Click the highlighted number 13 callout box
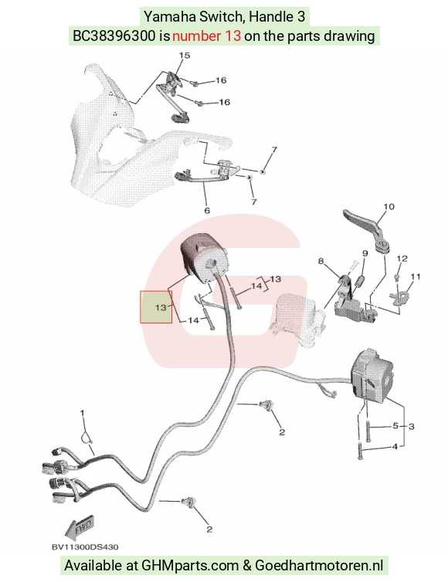coord(156,307)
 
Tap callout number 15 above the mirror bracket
coord(185,56)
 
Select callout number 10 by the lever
coord(389,207)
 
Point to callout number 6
coord(207,211)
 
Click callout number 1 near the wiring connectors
coord(83,413)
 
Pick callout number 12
coord(402,259)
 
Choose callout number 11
coord(416,276)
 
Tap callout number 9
coord(365,253)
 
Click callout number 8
coord(321,261)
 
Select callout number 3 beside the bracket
coord(411,427)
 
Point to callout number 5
coord(395,426)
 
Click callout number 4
coord(395,446)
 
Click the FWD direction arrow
coord(80,526)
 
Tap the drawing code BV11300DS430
coord(85,547)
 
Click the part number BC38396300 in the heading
coord(114,36)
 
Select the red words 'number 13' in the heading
coord(206,36)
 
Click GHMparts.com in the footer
coord(190,566)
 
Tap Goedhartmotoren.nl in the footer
coord(319,565)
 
